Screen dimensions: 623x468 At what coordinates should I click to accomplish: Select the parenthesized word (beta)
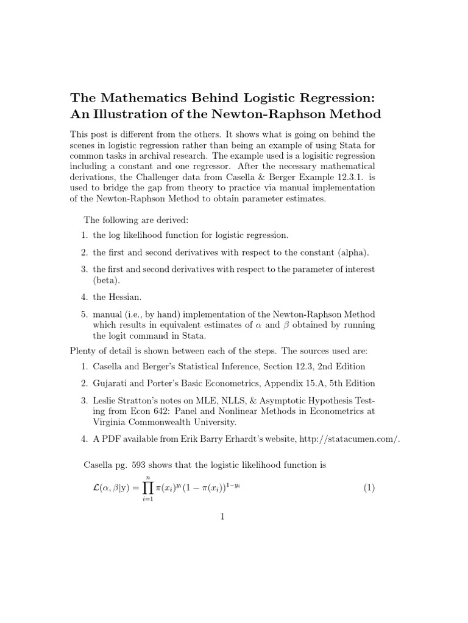pyautogui.click(x=107, y=281)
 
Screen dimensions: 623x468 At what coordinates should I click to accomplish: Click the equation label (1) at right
pyautogui.click(x=369, y=487)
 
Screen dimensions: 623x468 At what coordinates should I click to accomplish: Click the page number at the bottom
pyautogui.click(x=223, y=517)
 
